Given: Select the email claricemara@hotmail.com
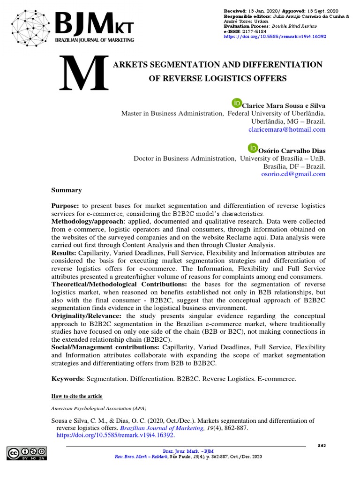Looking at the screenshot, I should (x=293, y=129).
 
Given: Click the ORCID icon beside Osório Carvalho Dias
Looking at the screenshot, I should (x=253, y=148).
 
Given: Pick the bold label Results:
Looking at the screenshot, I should (x=63, y=253).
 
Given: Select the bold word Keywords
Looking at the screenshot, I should (x=67, y=378).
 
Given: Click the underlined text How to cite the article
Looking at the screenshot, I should (x=76, y=396).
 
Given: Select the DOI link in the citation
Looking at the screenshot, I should (x=115, y=435).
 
